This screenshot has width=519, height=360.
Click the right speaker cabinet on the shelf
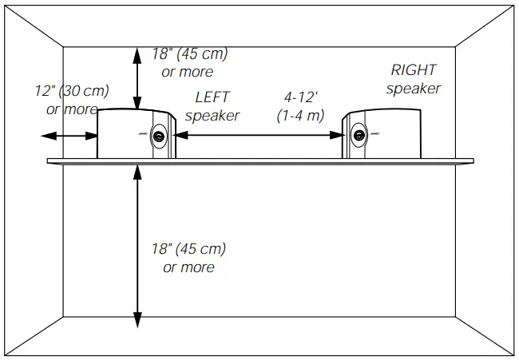[383, 133]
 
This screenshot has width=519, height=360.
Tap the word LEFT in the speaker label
[212, 97]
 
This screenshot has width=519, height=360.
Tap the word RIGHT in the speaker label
[414, 70]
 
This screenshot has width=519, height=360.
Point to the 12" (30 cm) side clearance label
[73, 91]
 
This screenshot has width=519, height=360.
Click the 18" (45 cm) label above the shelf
[189, 54]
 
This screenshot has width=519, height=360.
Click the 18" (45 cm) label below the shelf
[188, 248]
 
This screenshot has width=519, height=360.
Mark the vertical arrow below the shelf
[139, 247]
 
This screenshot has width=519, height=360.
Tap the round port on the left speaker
[160, 137]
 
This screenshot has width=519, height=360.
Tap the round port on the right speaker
[358, 137]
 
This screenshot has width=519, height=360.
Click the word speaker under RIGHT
[414, 89]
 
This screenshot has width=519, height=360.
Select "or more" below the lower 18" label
[188, 267]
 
